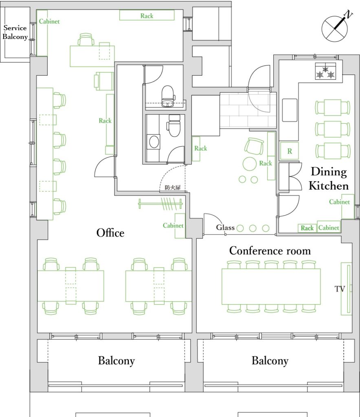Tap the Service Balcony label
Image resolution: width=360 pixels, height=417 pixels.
(15, 33)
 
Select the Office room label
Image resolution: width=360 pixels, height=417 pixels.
(110, 233)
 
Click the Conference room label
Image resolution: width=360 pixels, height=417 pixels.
(270, 250)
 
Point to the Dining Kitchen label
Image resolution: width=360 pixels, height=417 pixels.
(329, 178)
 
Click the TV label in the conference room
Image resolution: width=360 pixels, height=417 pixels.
(340, 289)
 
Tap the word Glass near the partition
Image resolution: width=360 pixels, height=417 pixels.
(225, 228)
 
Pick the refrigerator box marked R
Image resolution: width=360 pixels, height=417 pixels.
(290, 151)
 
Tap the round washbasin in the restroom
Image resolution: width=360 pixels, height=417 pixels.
(154, 142)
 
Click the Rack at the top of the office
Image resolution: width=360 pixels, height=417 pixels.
(147, 15)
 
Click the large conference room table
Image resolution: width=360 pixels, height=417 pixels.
(271, 286)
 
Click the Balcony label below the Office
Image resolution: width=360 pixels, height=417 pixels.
(116, 360)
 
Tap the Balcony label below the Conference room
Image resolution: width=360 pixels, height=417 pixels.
(270, 360)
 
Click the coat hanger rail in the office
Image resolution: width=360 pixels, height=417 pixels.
(160, 203)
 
